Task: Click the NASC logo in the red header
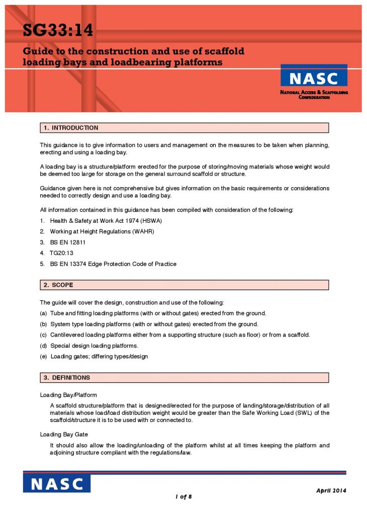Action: tap(314, 77)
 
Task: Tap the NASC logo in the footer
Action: tap(56, 484)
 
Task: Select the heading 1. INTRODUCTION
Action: tap(71, 128)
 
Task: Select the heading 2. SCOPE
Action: tap(58, 285)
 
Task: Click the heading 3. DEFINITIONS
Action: tap(67, 378)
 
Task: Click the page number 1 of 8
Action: tap(184, 497)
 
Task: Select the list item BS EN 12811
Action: tap(71, 242)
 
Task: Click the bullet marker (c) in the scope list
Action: tap(44, 335)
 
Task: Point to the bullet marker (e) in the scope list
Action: tap(44, 357)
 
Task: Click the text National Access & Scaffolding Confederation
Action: tap(314, 95)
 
